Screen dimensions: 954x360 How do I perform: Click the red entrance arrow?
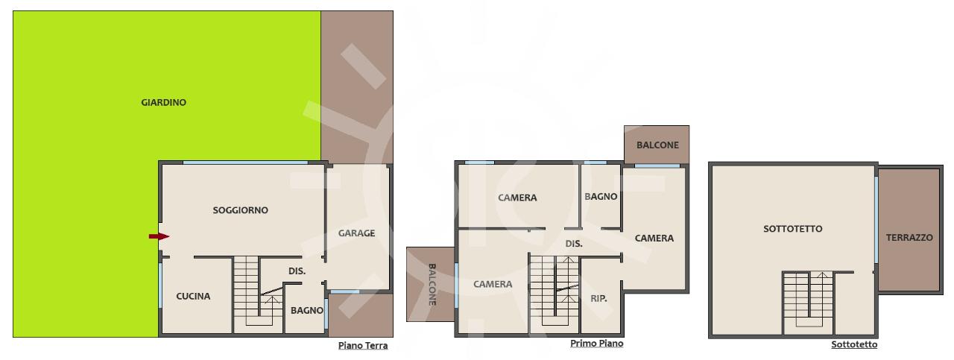pos(159,236)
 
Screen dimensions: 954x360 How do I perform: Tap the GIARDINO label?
pos(163,103)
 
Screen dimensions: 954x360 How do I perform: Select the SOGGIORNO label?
pos(240,210)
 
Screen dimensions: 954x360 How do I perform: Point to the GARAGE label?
pos(356,233)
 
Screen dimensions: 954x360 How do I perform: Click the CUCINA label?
pos(193,296)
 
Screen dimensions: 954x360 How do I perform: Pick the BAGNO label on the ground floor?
pos(306,311)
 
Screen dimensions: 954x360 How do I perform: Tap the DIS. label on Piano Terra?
pos(297,271)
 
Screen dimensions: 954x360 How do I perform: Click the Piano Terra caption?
pos(363,346)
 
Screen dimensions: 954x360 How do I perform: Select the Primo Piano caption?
pos(597,344)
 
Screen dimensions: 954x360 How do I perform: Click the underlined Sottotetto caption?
pos(854,344)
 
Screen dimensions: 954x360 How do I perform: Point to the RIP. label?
pos(598,299)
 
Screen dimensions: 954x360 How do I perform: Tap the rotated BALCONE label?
pos(432,285)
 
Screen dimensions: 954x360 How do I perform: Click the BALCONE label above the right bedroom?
pos(657,145)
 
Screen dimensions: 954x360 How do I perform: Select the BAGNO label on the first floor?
pos(601,197)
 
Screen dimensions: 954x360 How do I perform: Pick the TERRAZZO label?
pos(909,238)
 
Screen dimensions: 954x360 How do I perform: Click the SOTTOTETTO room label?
pos(792,229)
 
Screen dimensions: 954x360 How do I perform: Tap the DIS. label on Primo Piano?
pos(574,244)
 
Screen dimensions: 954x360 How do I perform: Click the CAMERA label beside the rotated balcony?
pos(493,284)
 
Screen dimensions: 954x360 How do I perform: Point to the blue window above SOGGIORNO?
pos(245,162)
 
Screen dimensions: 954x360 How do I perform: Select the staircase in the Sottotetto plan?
pos(808,303)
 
